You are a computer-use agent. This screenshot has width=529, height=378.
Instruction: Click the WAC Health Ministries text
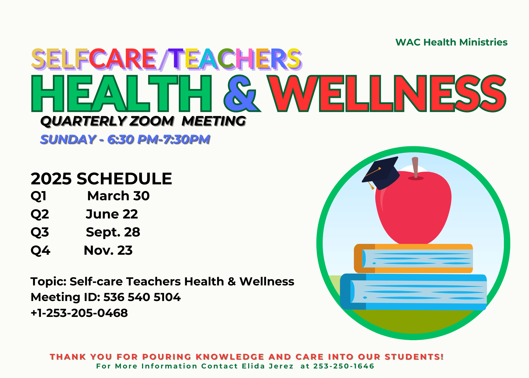451,42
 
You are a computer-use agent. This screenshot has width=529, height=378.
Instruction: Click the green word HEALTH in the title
122,93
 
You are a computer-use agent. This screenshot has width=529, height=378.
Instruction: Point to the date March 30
118,196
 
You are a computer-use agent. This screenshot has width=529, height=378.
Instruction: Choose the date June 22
112,214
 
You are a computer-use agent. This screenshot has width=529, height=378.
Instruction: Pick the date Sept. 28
113,232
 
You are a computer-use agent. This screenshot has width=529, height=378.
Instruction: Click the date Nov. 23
108,250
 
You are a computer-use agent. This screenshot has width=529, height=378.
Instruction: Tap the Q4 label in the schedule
40,251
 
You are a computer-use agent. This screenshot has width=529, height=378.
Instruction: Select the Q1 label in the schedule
39,196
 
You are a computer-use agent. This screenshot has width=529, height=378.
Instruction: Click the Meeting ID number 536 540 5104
142,297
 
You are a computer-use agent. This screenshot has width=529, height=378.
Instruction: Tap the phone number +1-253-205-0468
79,313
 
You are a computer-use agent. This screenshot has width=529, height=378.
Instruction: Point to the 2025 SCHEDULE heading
101,179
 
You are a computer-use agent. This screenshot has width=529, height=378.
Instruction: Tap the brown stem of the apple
415,167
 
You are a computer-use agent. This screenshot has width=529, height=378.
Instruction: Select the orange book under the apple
413,258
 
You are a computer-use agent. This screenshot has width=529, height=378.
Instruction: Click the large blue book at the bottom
413,292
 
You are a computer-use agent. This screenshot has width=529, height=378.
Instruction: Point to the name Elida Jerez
268,366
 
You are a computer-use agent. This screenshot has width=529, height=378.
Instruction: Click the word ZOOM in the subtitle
151,121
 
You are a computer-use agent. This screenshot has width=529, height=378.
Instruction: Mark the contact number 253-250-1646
344,366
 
